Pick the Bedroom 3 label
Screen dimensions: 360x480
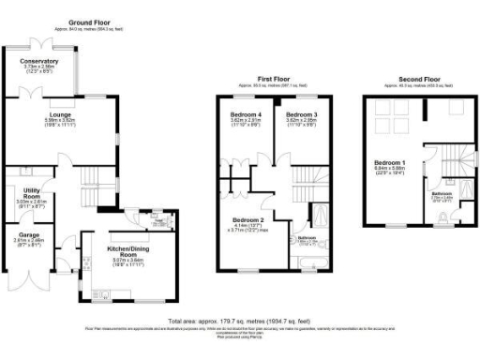pos(300,114)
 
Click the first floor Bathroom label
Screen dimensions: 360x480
pos(307,238)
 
